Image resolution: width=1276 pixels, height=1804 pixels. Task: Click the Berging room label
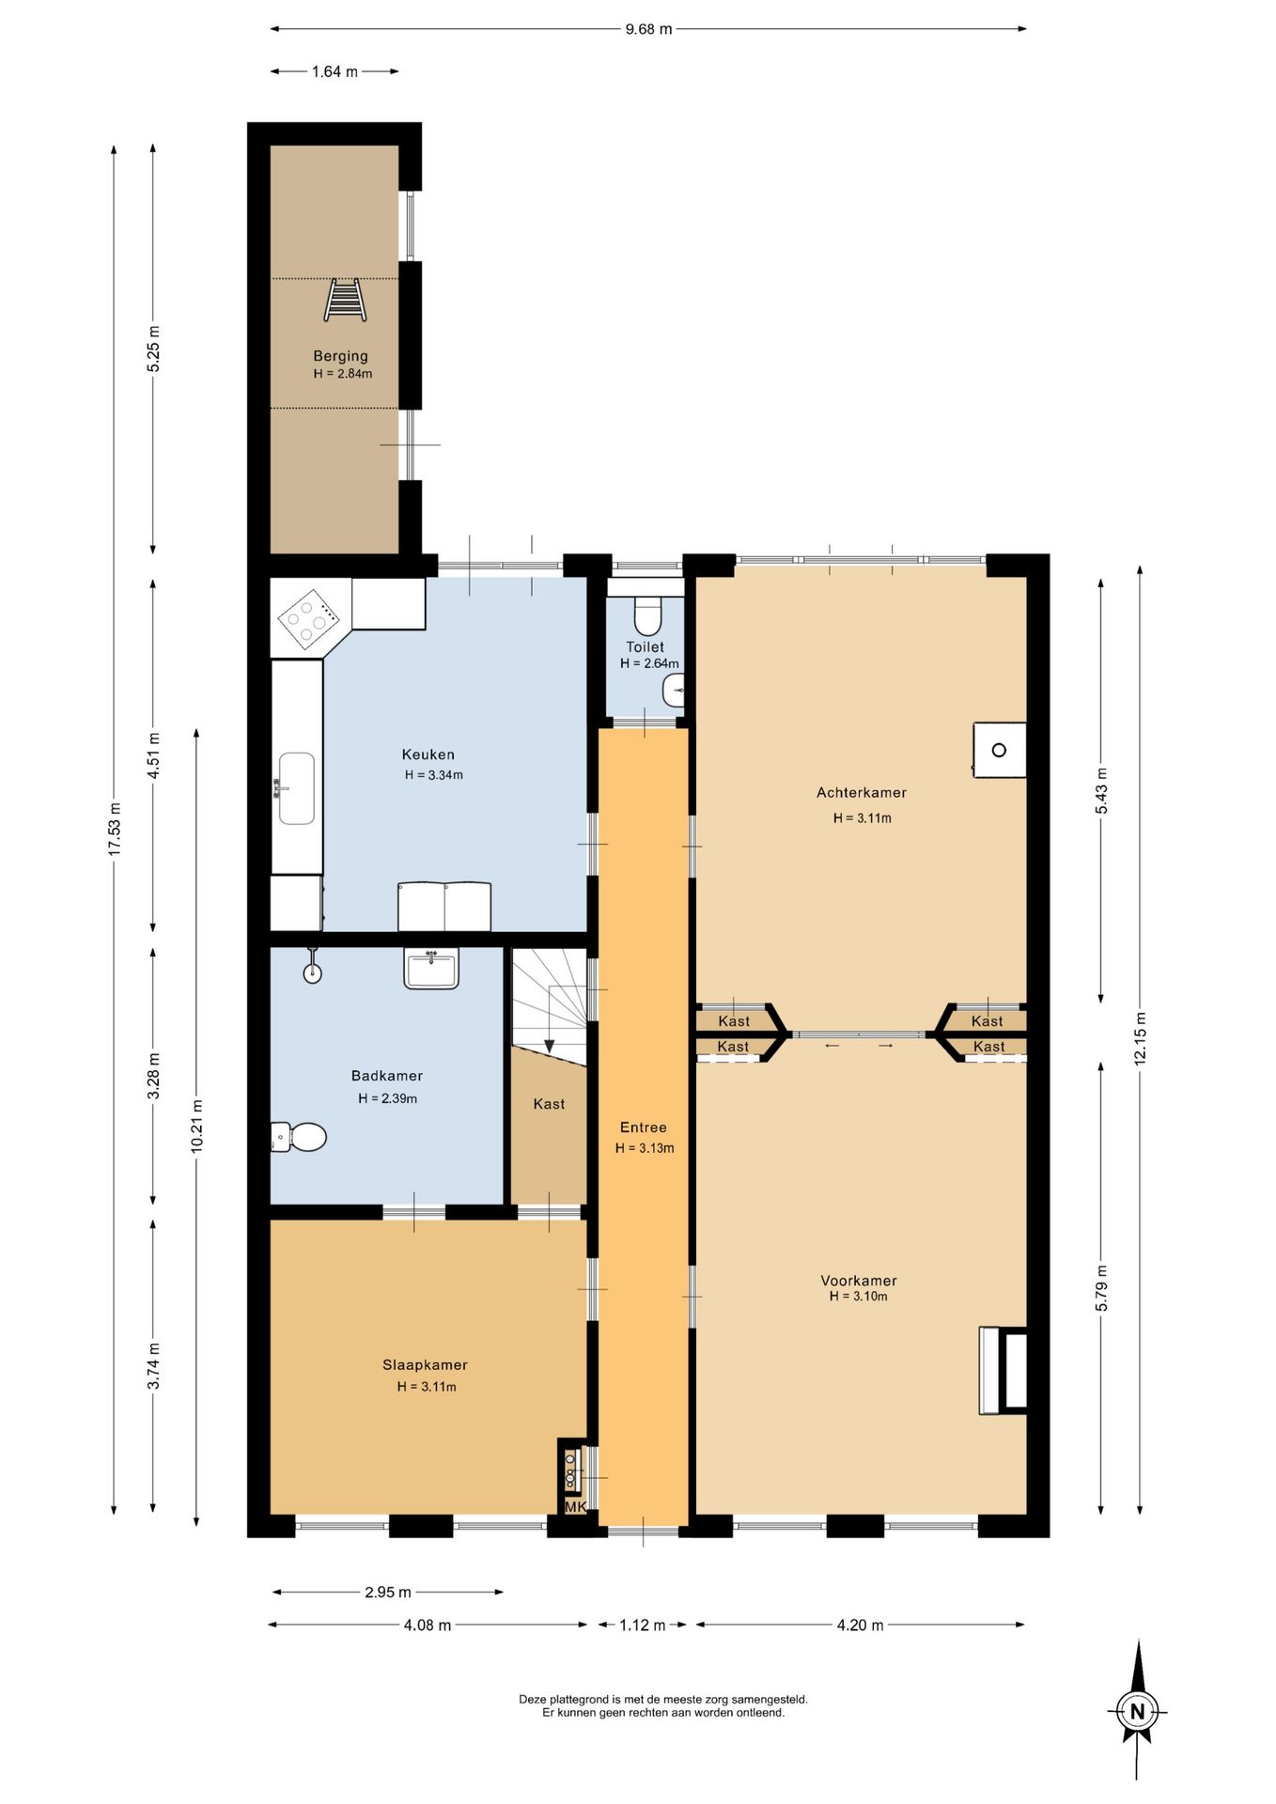point(340,356)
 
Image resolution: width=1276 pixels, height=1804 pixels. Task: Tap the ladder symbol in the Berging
point(345,300)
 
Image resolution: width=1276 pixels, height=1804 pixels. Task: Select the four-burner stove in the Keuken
point(308,619)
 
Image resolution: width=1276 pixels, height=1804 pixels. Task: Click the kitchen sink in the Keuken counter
point(296,788)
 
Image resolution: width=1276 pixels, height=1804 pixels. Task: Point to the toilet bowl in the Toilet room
point(647,616)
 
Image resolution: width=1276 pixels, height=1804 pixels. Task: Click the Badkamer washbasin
point(431,969)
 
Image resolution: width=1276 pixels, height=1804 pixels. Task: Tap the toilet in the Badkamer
point(299,1137)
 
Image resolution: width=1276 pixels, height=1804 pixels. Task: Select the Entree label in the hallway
point(644,1127)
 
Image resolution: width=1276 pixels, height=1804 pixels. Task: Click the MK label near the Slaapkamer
point(575,1506)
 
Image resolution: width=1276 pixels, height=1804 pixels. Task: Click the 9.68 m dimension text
point(649,29)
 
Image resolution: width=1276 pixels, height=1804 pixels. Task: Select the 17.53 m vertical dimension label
point(115,828)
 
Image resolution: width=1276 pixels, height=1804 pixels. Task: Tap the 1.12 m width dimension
point(643,1625)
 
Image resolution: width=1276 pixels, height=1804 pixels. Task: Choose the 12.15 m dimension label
point(1141,1037)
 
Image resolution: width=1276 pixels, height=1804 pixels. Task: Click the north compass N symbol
point(1138,1711)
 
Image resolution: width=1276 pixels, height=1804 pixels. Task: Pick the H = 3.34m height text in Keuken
point(434,775)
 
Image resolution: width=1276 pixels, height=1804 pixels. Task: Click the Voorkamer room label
point(859,1281)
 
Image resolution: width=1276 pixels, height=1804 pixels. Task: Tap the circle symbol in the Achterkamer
point(999,750)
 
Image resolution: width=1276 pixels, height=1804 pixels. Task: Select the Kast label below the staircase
point(549,1104)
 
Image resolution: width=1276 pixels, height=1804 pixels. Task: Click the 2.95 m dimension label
point(388,1592)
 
